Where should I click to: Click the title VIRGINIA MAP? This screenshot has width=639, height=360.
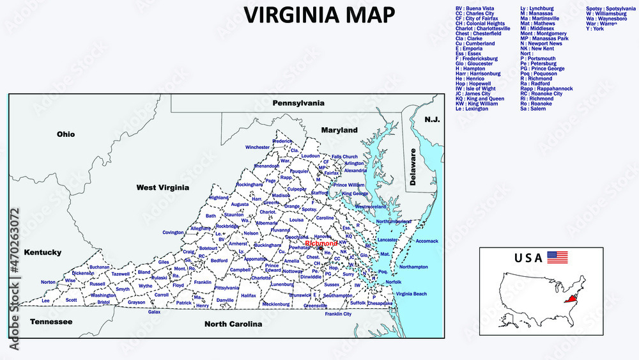[x=319, y=13]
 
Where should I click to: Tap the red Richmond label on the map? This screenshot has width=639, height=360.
[x=321, y=244]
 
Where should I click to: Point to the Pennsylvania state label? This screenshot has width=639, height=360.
[x=298, y=102]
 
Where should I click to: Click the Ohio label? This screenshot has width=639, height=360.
[x=66, y=134]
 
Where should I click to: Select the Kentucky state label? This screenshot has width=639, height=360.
[x=43, y=252]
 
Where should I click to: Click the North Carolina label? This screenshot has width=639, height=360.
[x=233, y=324]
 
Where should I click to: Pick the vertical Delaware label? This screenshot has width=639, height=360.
[x=413, y=168]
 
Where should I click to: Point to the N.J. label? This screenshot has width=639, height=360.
[x=433, y=120]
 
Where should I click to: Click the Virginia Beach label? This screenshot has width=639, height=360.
[x=411, y=293]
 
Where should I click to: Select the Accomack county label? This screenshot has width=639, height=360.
[x=427, y=241]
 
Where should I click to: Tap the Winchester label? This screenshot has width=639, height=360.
[x=258, y=147]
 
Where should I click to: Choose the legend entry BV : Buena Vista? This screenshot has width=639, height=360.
[x=475, y=8]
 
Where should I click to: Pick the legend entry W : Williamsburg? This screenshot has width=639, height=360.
[x=610, y=13]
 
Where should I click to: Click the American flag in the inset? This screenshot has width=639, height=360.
[x=557, y=258]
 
